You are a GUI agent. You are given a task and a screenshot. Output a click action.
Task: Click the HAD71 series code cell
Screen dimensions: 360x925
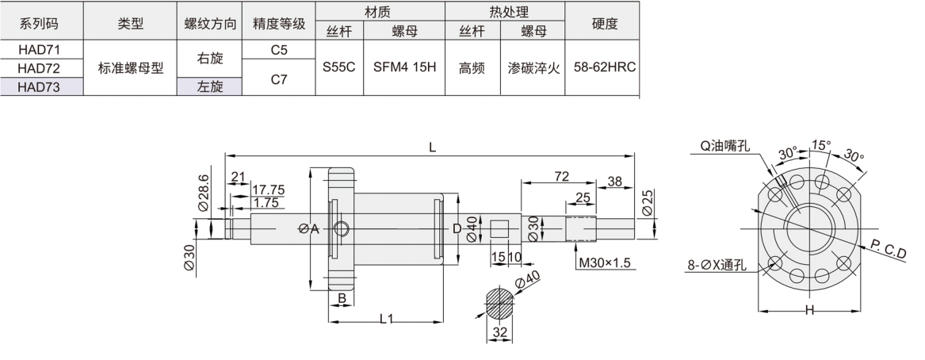39,49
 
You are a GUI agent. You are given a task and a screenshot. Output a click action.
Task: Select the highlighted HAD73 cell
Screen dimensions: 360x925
39,87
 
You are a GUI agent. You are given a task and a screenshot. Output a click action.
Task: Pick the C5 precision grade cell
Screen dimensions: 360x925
278,49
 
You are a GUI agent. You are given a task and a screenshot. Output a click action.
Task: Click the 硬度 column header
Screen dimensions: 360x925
604,23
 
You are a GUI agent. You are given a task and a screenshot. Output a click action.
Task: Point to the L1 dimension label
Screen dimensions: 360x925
387,319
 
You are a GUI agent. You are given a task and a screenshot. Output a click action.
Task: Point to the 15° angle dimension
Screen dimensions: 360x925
820,144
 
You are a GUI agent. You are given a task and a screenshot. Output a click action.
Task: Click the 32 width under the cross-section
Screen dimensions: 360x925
499,334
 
